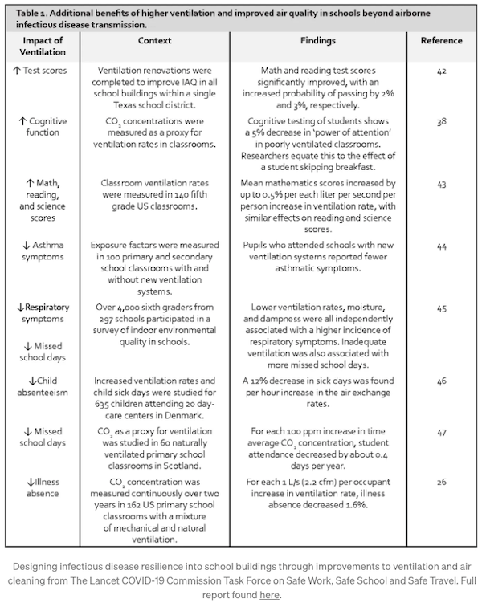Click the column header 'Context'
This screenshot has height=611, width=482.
pos(154,40)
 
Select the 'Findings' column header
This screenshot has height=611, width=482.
pos(318,40)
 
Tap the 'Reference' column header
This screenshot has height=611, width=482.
pos(441,40)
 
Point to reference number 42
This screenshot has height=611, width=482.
pos(441,71)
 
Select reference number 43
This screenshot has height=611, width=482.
pos(441,184)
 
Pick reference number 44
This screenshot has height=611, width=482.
pos(441,246)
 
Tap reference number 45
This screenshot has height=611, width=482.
pos(441,308)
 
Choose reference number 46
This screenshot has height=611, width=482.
pos(441,381)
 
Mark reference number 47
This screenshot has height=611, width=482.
pos(441,431)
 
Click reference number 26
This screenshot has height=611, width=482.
pos(441,483)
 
